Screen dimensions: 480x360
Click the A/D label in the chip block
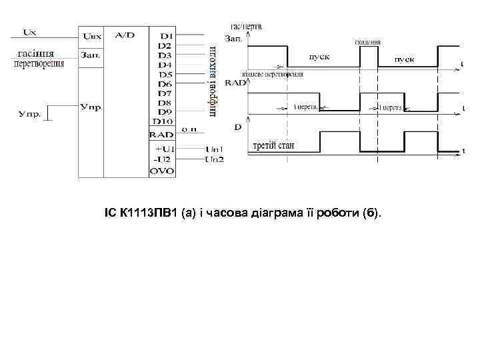[125, 34]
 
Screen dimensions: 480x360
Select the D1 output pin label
[166, 35]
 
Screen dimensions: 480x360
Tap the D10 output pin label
[163, 121]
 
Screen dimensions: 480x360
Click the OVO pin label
[162, 171]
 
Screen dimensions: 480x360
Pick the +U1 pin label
[164, 149]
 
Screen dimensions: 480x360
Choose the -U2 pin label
[163, 159]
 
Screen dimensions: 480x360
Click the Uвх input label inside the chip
[91, 35]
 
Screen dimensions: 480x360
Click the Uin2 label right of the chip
[214, 159]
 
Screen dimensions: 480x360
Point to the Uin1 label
[214, 149]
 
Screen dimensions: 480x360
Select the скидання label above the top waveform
[368, 41]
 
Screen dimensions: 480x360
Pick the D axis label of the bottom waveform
[238, 127]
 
